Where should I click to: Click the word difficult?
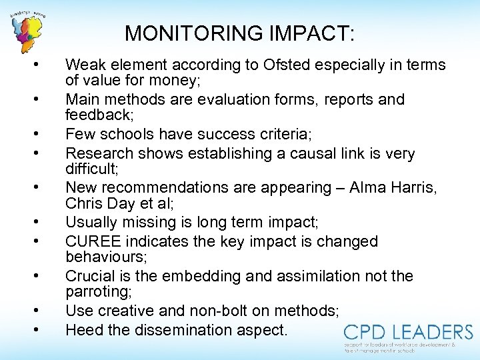[x=91, y=169]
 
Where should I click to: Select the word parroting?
[x=97, y=291]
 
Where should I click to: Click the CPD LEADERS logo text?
[x=408, y=332]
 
